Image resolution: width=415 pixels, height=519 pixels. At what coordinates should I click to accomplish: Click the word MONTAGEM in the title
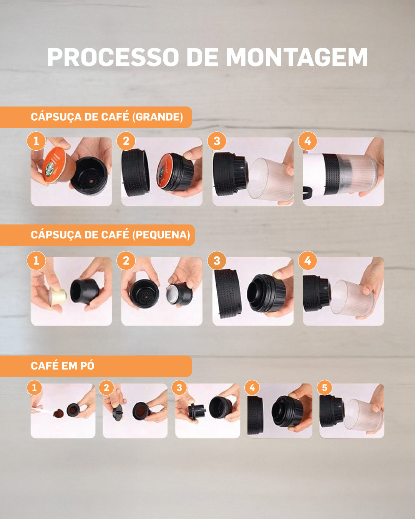click(x=296, y=57)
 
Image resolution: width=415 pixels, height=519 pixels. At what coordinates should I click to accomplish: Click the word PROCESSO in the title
click(x=113, y=57)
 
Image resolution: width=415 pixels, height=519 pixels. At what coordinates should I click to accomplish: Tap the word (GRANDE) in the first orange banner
click(x=158, y=117)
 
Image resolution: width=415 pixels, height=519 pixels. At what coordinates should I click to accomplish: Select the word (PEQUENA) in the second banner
click(x=161, y=235)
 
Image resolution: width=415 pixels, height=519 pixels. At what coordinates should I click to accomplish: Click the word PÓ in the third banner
click(x=87, y=366)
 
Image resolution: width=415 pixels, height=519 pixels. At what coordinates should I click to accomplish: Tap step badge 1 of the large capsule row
click(x=36, y=141)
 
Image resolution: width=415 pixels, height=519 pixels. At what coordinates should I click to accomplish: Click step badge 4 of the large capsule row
click(x=308, y=141)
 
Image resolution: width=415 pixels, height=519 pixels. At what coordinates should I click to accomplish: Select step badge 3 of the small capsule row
click(x=217, y=261)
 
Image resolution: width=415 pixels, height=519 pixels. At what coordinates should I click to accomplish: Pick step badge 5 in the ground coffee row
click(x=325, y=388)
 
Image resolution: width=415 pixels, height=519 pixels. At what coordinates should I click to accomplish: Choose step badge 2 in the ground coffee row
click(x=106, y=388)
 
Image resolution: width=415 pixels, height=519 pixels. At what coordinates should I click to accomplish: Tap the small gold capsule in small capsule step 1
click(x=58, y=296)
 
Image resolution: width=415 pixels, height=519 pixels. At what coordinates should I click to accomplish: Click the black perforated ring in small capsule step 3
click(x=228, y=293)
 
